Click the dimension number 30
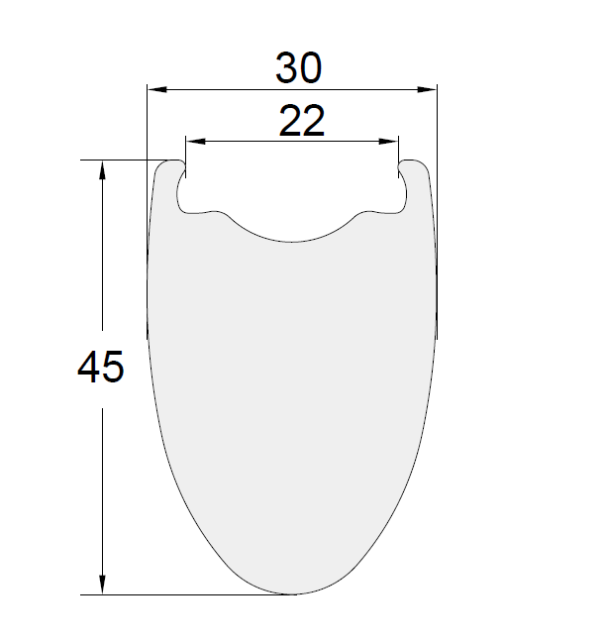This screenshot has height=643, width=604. point(298,67)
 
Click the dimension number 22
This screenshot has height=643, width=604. point(302,120)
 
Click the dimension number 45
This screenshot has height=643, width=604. point(100,367)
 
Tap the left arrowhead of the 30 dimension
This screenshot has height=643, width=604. point(157,89)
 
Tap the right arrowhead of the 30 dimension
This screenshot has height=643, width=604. point(427,89)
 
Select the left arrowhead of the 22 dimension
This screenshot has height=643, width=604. point(195,142)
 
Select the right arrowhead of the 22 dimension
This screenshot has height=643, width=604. point(388,142)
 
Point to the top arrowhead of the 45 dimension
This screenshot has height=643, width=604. point(102,169)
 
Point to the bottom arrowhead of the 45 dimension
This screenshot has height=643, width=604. point(102,585)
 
